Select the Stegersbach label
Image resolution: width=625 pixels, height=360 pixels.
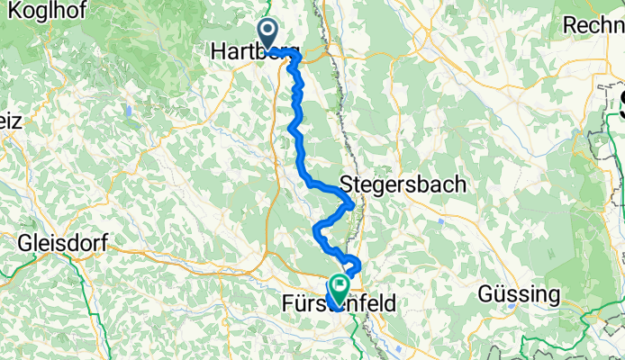tap(403, 184)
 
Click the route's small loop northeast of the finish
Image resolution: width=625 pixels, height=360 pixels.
tap(355, 265)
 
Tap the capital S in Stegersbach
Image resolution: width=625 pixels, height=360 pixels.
tap(348, 184)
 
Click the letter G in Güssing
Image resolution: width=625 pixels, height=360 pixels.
tap(485, 294)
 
